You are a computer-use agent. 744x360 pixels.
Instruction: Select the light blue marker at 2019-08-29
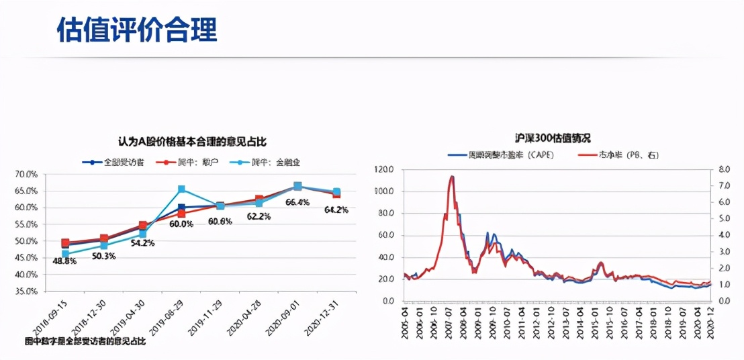coord(181,189)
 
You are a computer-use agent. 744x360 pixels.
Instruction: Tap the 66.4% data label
coord(297,202)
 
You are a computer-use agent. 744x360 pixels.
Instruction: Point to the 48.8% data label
coord(65,261)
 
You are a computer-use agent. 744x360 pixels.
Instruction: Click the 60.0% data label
coord(181,224)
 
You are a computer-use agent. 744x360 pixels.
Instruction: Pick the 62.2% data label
coord(259,216)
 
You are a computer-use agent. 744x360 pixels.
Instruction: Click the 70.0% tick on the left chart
coord(27,174)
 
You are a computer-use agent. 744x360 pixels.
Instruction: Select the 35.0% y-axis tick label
coord(27,291)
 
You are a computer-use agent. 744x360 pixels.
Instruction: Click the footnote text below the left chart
coord(85,342)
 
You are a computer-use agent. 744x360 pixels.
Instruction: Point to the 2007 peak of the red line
coord(452,177)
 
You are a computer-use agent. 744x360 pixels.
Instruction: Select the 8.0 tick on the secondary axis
coord(724,169)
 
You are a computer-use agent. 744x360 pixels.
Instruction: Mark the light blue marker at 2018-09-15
coord(65,255)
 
